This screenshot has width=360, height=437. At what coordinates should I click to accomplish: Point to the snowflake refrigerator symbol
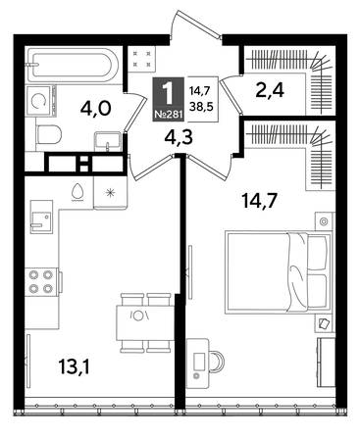click(x=110, y=190)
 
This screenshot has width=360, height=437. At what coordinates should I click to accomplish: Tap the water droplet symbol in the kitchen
click(x=77, y=190)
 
